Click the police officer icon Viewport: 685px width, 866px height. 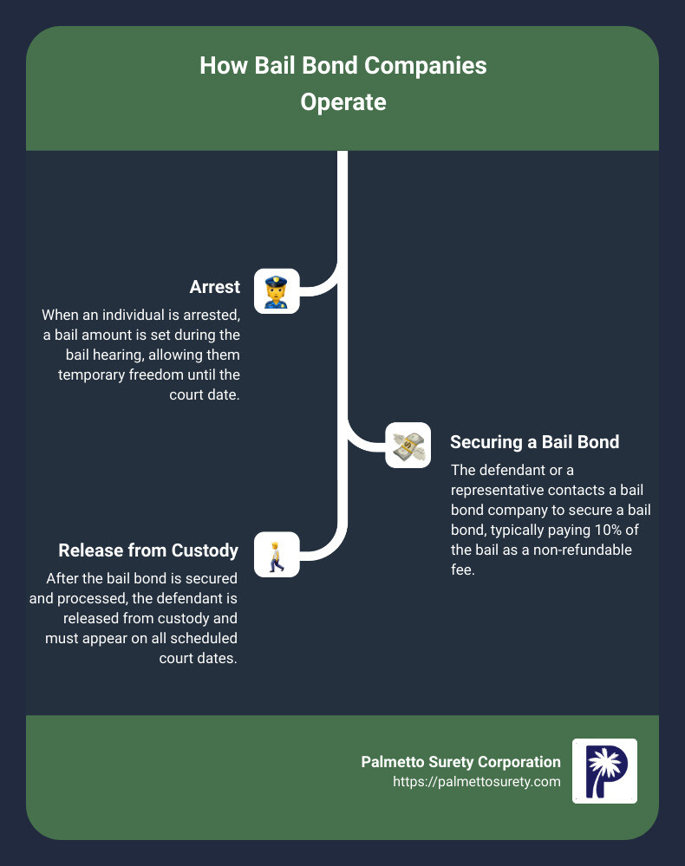pos(277,291)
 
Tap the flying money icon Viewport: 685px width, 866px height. pos(408,446)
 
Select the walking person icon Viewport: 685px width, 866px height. pos(277,555)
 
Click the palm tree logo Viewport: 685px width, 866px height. pos(604,771)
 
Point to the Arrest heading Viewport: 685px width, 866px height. pos(215,288)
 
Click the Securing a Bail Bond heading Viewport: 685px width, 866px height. pos(535,442)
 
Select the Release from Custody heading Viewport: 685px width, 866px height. pos(148,550)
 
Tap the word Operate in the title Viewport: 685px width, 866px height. pos(342,102)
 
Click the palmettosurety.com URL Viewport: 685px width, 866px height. pos(477,782)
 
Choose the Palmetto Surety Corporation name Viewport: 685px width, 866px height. pos(460,762)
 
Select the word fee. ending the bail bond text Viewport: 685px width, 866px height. pos(463,570)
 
